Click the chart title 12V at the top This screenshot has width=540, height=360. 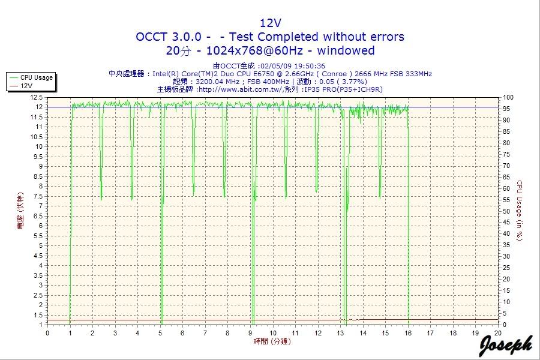pos(270,23)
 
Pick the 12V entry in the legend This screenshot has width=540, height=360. pos(26,86)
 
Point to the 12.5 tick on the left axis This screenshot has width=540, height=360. pos(36,97)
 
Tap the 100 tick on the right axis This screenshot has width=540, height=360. pos(508,97)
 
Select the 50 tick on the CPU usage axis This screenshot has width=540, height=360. pos(506,211)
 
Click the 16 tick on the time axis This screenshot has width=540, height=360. pos(408,333)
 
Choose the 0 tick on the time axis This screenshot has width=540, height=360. pos(47,333)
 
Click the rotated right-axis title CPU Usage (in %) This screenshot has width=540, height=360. pos(520,210)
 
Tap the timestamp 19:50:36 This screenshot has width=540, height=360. pos(311,66)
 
